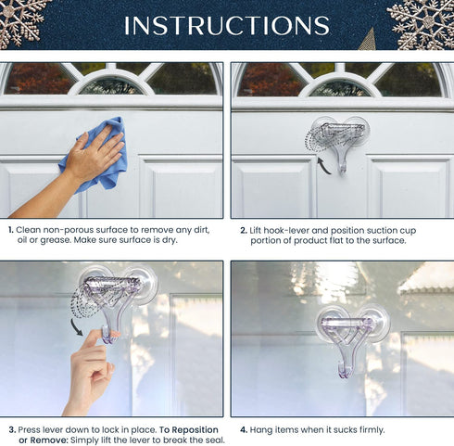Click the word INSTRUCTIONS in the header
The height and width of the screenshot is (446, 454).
tap(226, 25)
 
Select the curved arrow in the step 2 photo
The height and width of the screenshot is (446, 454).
tap(323, 165)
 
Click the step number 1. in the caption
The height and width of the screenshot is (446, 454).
tap(10, 229)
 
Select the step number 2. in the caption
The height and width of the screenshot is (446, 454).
tap(244, 229)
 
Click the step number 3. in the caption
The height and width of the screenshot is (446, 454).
tap(11, 429)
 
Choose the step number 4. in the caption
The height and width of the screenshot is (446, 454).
tap(244, 429)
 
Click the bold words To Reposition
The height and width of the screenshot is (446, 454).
tap(188, 429)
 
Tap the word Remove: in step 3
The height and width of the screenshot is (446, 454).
tap(45, 440)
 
